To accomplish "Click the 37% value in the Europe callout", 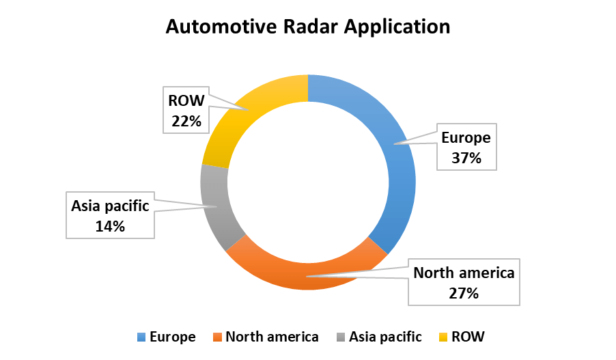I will [x=466, y=158].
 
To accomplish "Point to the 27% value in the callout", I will [x=464, y=294].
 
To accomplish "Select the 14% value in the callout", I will [x=110, y=226].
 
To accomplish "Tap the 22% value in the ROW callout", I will [x=186, y=121].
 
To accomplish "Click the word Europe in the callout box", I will [x=466, y=138].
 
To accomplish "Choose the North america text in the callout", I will [x=464, y=274].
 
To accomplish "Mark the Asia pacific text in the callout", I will [x=110, y=206].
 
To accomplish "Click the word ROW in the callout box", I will [x=186, y=101].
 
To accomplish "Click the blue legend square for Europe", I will [x=142, y=337].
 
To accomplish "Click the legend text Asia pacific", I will [x=385, y=337].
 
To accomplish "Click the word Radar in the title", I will [x=307, y=27].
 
